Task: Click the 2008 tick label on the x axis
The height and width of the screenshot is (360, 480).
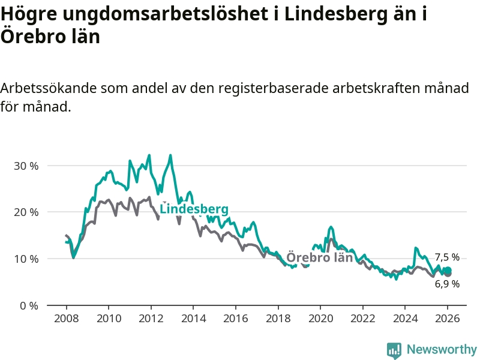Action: pos(65,318)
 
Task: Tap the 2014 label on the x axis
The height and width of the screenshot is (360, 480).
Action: pos(193,318)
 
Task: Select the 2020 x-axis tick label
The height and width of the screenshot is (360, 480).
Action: pos(320,318)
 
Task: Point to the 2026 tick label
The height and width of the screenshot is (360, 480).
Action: pos(448,318)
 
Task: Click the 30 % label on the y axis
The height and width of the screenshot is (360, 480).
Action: pos(26,166)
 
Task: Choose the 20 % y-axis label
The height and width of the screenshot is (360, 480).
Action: pos(26,212)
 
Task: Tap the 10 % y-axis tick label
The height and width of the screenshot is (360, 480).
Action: pos(26,259)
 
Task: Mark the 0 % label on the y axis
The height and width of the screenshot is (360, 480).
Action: pos(29,305)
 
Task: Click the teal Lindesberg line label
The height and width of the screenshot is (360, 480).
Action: pos(194,209)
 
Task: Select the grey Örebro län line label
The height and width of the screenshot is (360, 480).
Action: pos(319,258)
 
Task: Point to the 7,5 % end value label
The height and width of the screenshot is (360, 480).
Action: pos(447,257)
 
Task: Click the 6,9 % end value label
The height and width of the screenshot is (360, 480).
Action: pos(447,284)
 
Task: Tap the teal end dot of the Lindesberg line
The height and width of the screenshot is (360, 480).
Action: pos(448,271)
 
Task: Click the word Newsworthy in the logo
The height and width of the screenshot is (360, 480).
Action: pos(442,349)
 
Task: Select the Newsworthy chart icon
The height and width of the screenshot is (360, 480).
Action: pos(394,350)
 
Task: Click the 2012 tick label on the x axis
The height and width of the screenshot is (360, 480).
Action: pos(151,318)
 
